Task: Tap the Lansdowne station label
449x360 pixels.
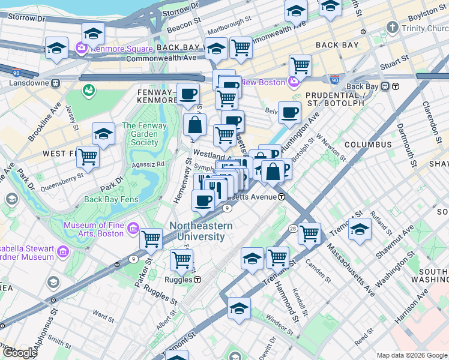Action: pos(26,82)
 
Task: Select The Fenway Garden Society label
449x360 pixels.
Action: pos(140,134)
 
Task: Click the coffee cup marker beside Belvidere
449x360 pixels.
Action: pos(289,112)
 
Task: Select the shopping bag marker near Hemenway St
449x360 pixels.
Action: pos(195,125)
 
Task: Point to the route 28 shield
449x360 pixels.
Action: pos(292,228)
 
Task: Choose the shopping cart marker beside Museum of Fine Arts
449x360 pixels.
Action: pos(151,239)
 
